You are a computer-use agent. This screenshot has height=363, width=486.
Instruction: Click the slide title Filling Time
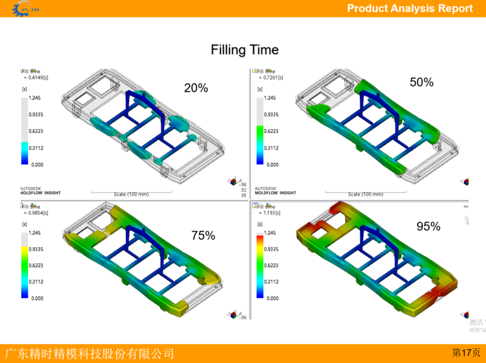point(244,50)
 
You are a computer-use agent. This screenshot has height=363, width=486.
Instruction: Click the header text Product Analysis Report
point(409,8)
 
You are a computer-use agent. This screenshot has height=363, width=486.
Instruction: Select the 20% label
point(196,88)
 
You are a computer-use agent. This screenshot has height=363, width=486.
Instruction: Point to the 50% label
point(421,82)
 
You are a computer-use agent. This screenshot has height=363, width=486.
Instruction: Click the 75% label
point(203,236)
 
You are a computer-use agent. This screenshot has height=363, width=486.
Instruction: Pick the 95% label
point(428,226)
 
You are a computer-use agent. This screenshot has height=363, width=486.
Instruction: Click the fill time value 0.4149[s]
point(36,78)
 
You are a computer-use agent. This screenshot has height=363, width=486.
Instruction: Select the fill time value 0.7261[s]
point(270,78)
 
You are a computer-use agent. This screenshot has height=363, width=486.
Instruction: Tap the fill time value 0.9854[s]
point(36,213)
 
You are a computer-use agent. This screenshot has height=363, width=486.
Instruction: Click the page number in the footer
point(466,353)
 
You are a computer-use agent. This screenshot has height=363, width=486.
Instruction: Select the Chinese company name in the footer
point(89,353)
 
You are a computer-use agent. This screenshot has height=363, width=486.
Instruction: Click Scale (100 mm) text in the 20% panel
point(131,194)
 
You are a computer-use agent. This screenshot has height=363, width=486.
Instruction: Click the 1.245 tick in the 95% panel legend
point(271,232)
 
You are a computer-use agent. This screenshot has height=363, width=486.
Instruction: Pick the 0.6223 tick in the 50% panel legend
point(271,131)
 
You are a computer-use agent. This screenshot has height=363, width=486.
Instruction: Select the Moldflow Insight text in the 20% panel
point(39,192)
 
